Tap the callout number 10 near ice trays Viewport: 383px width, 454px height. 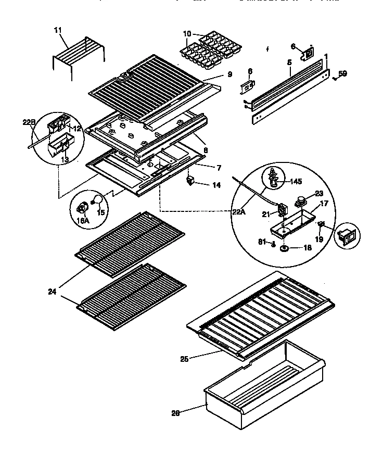(186, 34)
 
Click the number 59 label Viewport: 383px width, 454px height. (342, 73)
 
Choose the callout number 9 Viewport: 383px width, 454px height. (229, 74)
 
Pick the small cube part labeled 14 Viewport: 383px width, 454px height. (190, 181)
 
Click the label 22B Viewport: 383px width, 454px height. (29, 123)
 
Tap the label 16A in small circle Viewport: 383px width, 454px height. (83, 220)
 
